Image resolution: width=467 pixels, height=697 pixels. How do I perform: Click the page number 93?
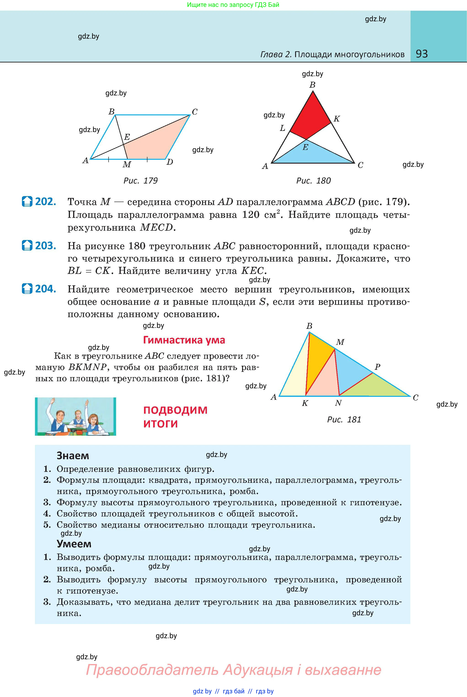click(422, 54)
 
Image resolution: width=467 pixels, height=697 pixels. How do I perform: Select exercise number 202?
click(45, 202)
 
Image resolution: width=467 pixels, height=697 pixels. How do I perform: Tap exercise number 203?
click(45, 246)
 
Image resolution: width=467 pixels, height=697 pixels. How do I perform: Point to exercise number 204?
click(45, 289)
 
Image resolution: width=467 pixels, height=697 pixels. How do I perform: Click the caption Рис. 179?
click(140, 181)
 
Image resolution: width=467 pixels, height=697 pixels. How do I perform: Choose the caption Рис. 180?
click(313, 181)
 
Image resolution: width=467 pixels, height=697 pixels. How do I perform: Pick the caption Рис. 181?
click(344, 420)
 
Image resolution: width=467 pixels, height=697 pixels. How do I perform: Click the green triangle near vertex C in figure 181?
click(378, 388)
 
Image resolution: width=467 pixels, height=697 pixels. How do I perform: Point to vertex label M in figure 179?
click(127, 165)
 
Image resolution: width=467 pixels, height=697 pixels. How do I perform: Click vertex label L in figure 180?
click(282, 128)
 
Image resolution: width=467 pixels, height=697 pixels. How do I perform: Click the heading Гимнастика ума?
click(184, 340)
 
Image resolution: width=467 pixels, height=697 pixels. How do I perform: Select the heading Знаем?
click(73, 456)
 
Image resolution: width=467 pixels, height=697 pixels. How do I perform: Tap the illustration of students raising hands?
click(75, 416)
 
